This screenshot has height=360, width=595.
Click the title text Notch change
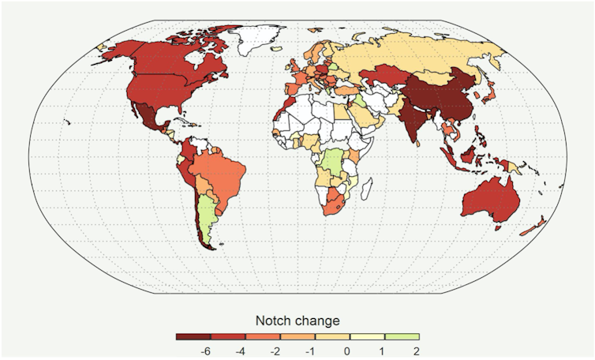(x=297, y=321)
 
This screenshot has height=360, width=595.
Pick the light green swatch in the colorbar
(x=402, y=336)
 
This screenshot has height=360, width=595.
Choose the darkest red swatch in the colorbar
(x=192, y=336)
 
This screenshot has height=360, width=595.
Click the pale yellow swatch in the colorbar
(x=366, y=336)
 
